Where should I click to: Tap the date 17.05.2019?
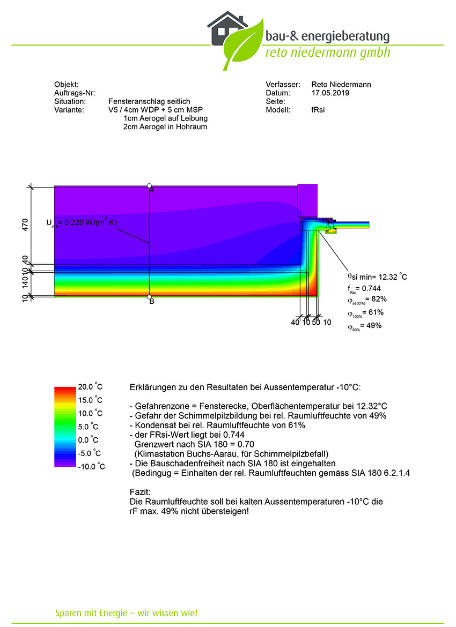point(330,93)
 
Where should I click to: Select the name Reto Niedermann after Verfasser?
point(341,85)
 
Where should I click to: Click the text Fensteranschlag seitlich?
point(149,102)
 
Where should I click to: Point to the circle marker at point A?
point(149,186)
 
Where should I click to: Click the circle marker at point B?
point(149,297)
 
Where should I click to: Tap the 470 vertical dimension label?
point(25,226)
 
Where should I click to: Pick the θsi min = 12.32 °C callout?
point(377,277)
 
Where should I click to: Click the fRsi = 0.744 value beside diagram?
point(364,289)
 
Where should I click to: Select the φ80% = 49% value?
point(364,326)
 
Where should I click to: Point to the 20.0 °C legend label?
point(90,387)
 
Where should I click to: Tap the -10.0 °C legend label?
point(91,467)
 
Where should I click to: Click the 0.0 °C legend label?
point(88,440)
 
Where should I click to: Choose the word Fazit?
point(140,492)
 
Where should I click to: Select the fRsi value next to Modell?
point(318,110)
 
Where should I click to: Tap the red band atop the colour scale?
point(65,389)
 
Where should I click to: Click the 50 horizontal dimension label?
point(316,322)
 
